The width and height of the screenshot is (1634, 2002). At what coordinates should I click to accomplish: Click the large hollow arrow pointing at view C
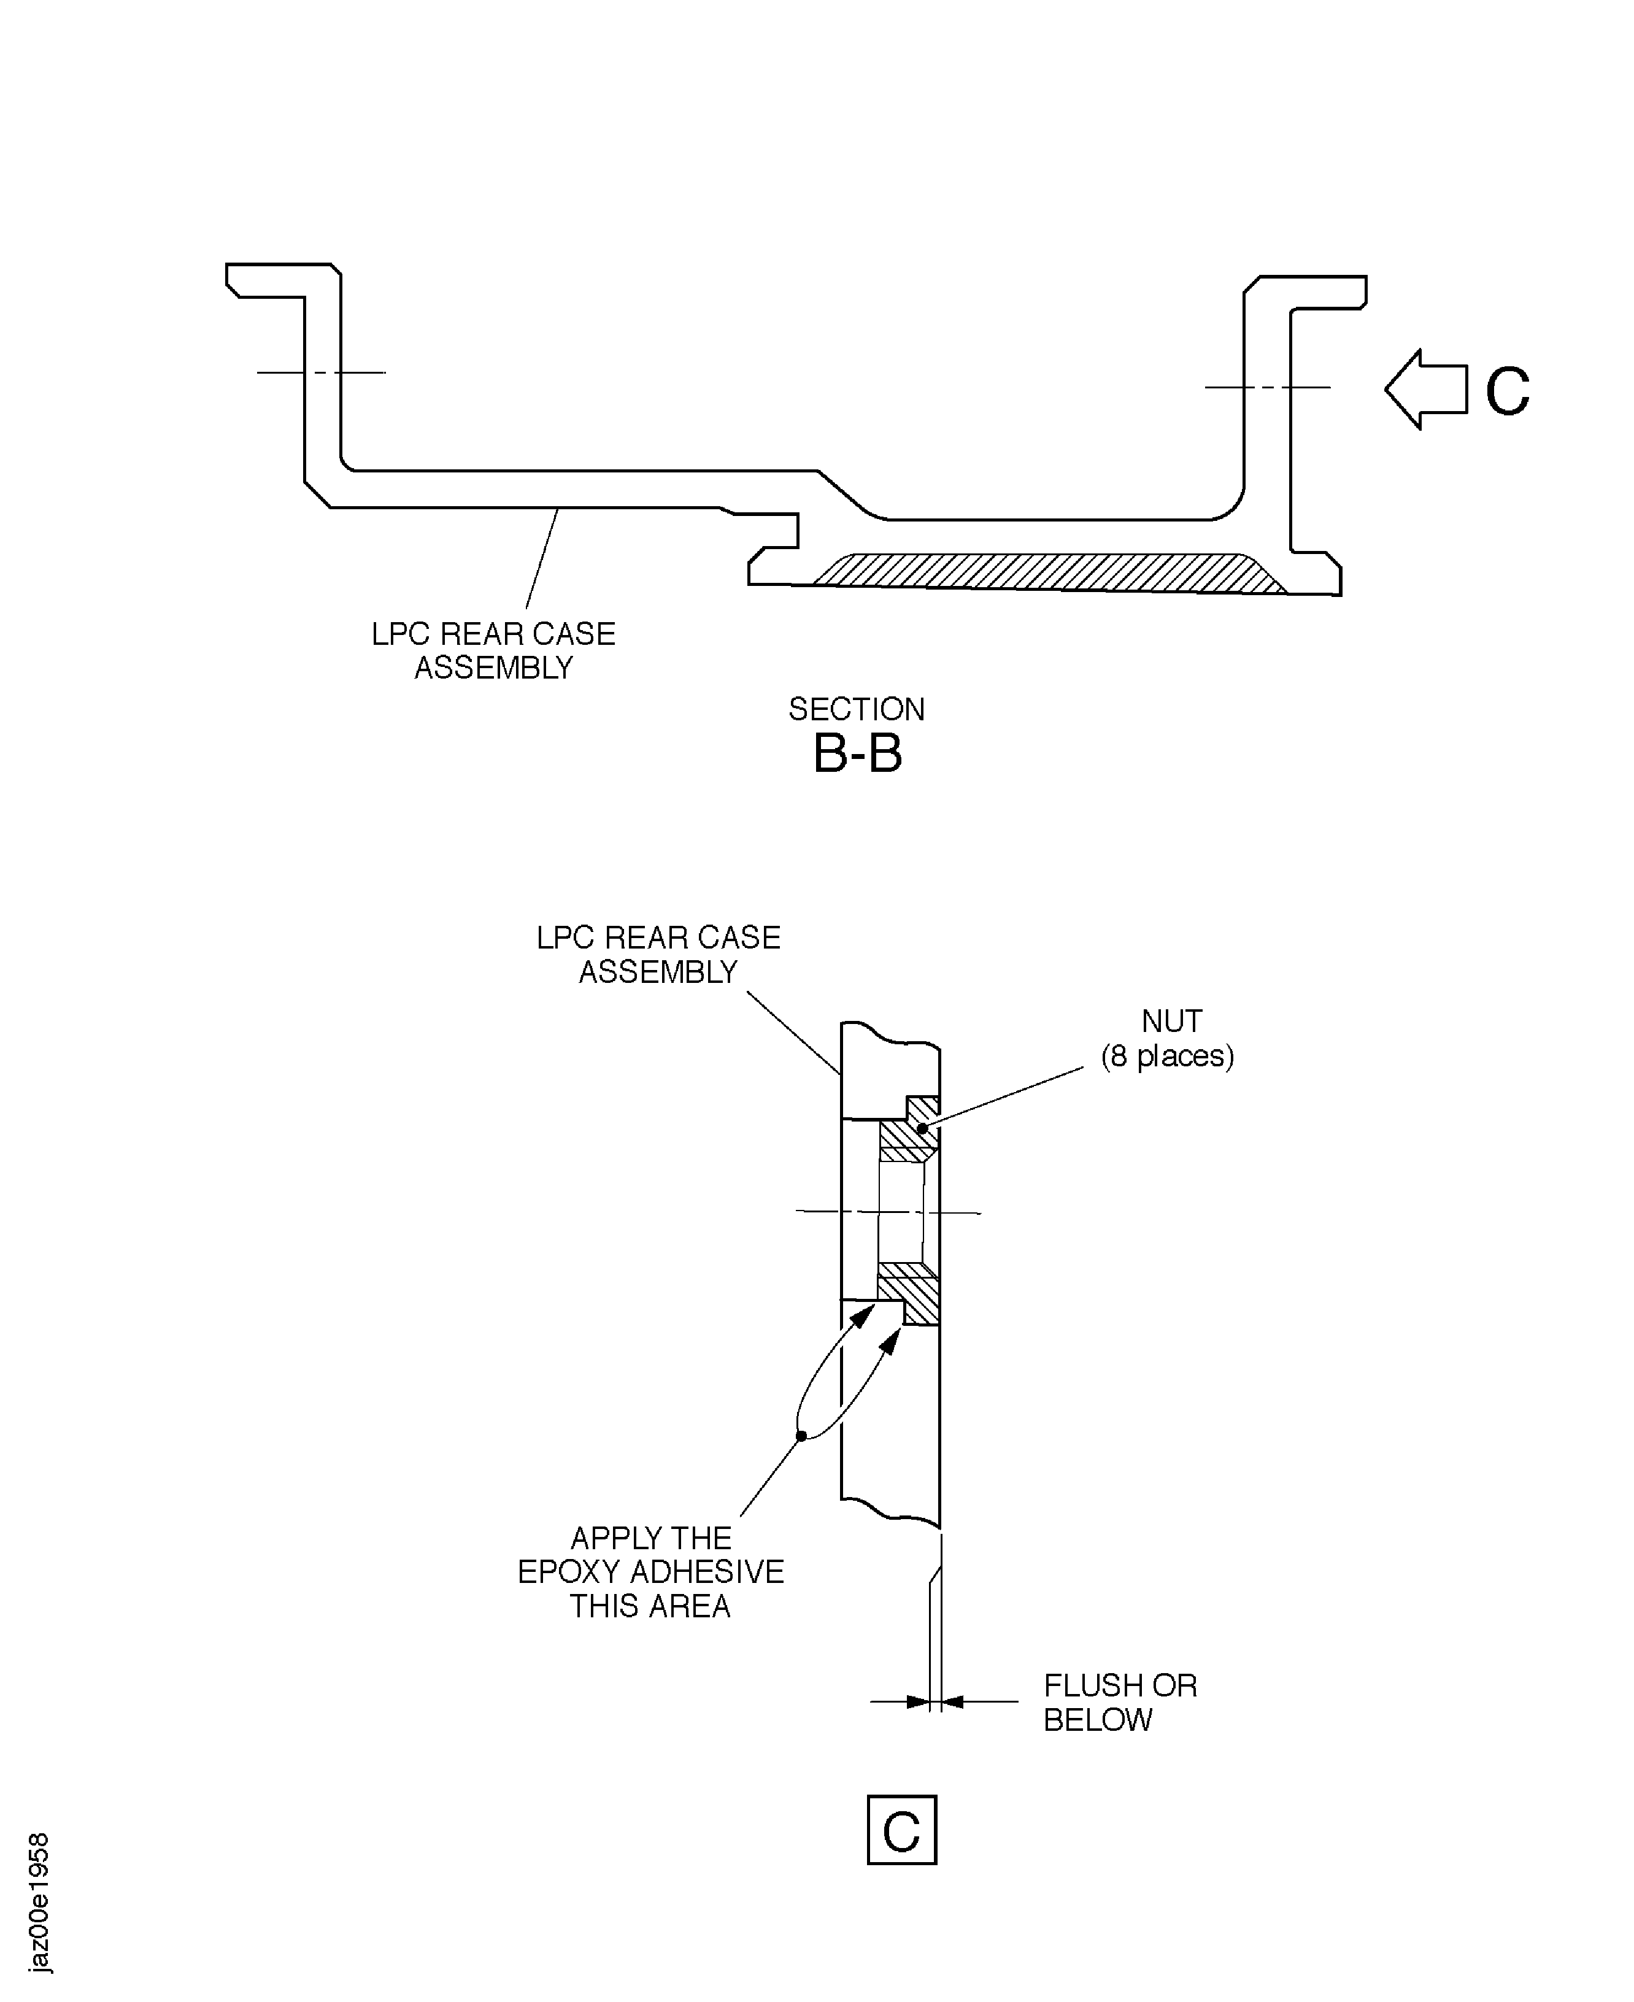(x=1423, y=389)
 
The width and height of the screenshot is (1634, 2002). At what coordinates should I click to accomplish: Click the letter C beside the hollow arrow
(x=1507, y=391)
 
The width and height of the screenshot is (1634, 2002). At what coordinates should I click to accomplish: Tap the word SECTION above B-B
(x=857, y=709)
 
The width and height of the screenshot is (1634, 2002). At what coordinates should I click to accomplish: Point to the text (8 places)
(x=1167, y=1056)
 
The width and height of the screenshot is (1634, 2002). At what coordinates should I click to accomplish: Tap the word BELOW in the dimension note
(x=1098, y=1720)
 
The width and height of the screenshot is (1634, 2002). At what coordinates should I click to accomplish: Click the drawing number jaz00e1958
(x=39, y=1902)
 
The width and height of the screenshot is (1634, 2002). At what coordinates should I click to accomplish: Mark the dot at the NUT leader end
(x=922, y=1128)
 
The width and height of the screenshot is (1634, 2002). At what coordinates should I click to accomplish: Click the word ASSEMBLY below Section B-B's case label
(x=493, y=668)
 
